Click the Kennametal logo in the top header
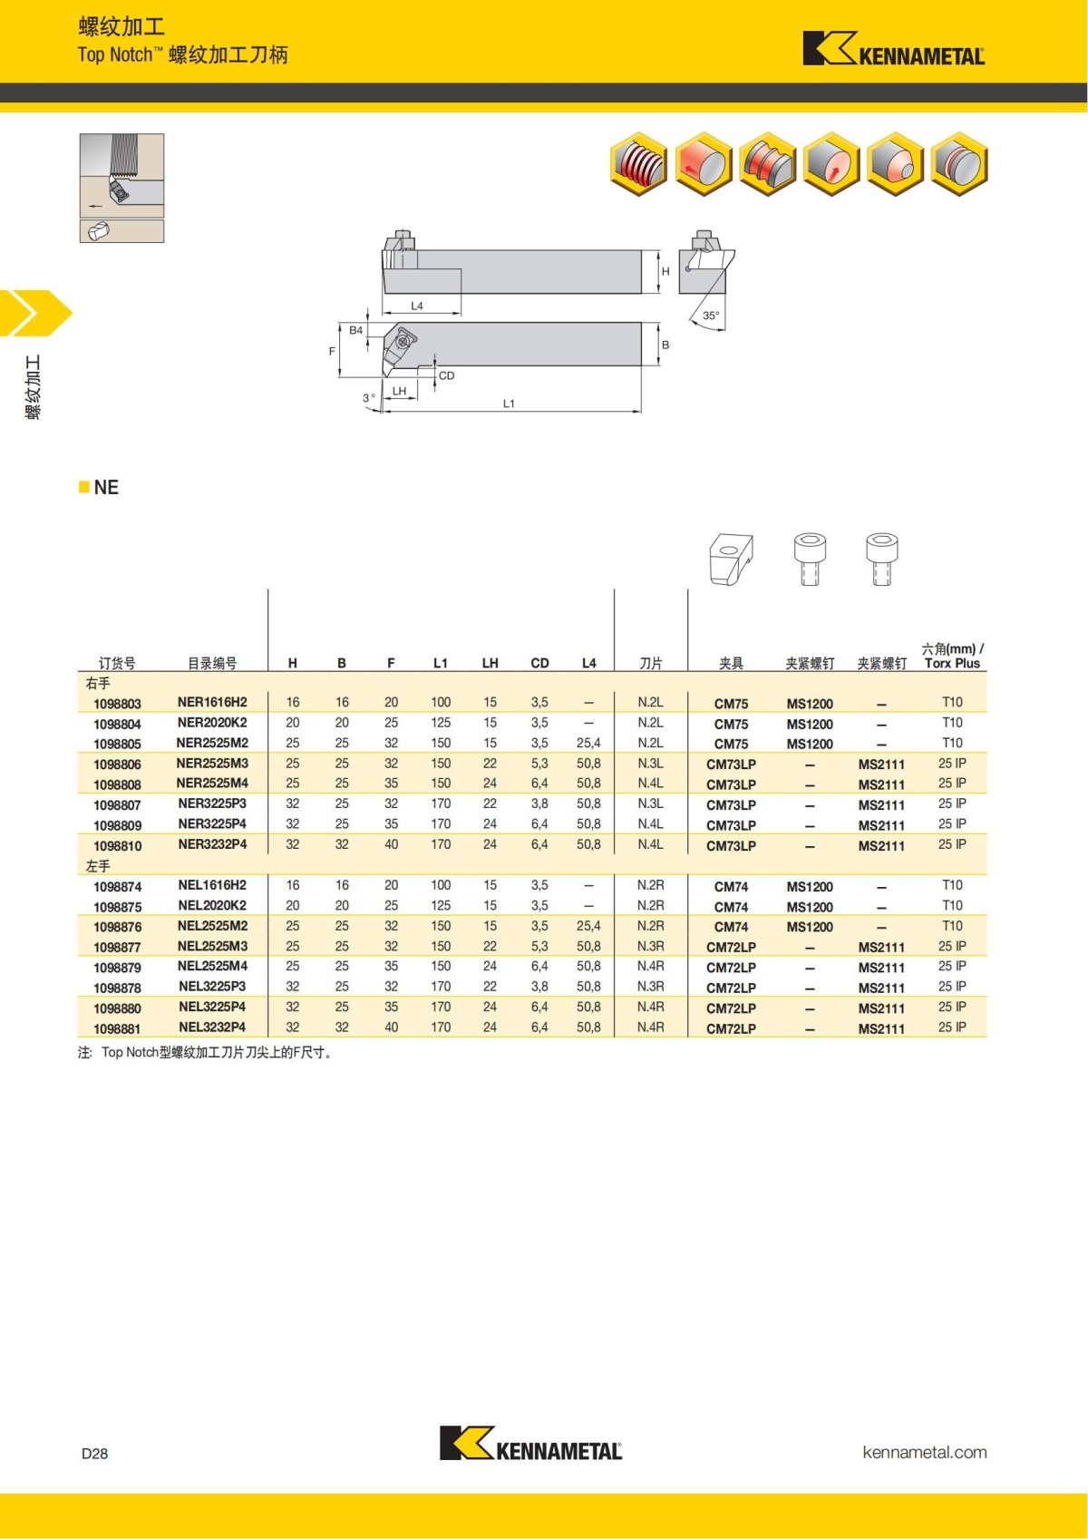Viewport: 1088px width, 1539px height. point(893,49)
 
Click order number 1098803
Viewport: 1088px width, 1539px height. point(117,704)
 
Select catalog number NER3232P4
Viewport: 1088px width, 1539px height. point(212,844)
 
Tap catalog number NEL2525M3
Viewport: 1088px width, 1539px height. point(212,946)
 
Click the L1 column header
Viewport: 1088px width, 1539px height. point(441,663)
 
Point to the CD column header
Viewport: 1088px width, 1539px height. point(539,663)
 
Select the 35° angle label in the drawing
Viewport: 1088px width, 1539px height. point(711,316)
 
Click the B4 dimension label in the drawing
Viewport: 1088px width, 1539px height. point(356,331)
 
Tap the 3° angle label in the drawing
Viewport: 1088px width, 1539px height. point(368,398)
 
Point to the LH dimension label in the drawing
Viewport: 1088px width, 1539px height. point(399,392)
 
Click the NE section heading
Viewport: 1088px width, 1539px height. point(105,488)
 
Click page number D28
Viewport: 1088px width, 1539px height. point(94,1453)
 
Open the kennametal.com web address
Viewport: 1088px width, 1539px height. point(924,1452)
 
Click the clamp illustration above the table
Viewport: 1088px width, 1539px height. point(731,559)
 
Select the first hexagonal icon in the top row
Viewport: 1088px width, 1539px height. point(639,164)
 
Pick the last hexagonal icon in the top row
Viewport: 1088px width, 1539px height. point(959,164)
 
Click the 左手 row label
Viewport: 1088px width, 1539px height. point(98,866)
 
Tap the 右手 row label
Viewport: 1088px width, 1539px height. point(98,683)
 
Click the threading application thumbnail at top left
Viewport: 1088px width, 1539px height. point(121,176)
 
